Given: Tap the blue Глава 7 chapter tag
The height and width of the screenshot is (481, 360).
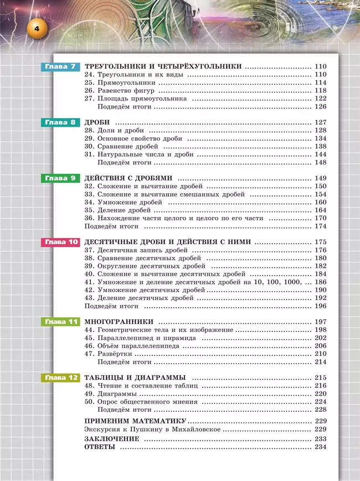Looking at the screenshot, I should click(x=61, y=66).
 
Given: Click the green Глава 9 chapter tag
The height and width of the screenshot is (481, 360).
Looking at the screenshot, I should click(x=61, y=178).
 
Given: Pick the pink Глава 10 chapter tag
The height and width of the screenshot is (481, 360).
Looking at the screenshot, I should click(x=61, y=242).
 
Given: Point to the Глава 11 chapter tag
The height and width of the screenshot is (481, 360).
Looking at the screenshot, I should click(x=61, y=322).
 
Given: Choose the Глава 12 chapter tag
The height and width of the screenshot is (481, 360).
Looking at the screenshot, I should click(x=61, y=377).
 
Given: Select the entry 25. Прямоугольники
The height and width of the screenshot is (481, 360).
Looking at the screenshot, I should click(x=115, y=82).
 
